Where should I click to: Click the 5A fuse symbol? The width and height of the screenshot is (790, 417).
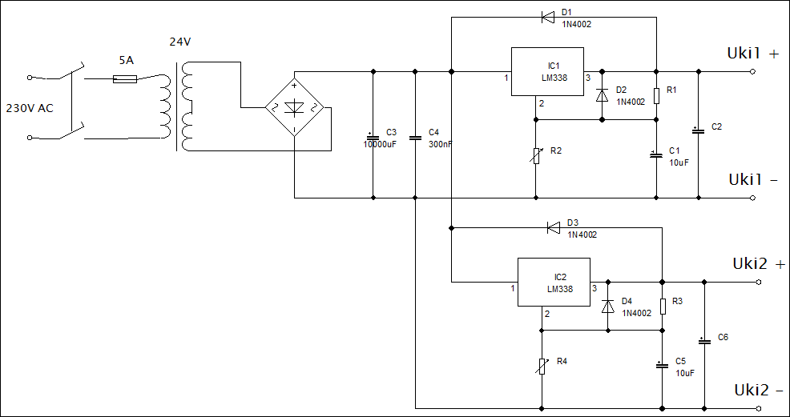point(125,78)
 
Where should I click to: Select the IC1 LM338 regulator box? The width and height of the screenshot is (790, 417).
point(548,71)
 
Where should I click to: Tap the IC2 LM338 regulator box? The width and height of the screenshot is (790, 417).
point(554,282)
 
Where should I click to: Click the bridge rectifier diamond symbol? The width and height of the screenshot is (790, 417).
point(294,107)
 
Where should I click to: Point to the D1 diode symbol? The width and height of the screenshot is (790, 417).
point(548,18)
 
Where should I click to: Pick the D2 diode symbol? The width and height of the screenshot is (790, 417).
point(602,95)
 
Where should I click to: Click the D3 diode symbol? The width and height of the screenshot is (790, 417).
point(554,228)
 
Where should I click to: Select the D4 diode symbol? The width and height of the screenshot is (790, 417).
point(608,306)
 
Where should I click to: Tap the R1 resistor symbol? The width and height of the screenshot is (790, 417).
point(656,95)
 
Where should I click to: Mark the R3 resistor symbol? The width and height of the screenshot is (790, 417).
point(663,306)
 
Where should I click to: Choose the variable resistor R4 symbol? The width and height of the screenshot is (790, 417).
point(542,367)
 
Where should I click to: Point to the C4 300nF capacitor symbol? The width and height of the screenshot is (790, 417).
point(415,137)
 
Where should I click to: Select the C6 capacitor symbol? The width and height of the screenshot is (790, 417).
point(705,341)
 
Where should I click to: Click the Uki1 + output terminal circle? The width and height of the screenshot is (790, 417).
point(752,71)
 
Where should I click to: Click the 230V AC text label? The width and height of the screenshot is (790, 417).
point(30,108)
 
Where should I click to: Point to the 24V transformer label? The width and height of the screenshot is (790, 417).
point(179,42)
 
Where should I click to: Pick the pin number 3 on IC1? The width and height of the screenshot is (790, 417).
point(587,78)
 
